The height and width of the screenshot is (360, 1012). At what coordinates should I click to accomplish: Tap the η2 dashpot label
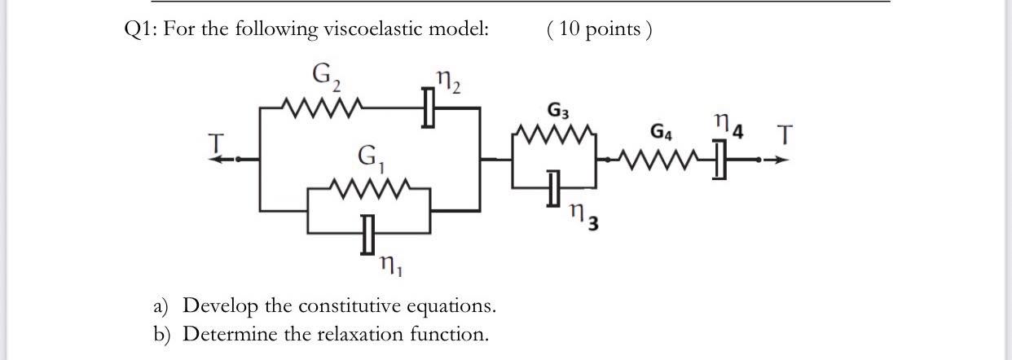(x=448, y=81)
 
